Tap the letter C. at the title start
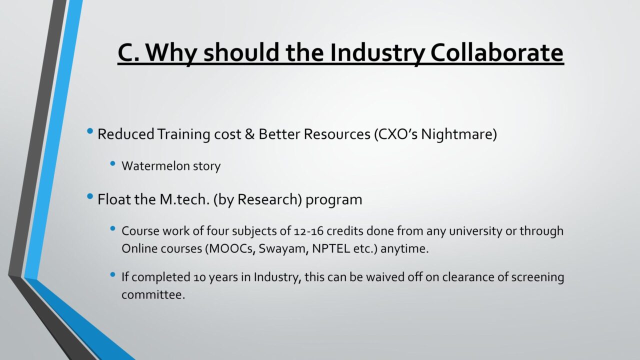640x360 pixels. (129, 53)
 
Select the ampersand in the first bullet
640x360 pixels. (249, 134)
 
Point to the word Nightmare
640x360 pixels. (459, 134)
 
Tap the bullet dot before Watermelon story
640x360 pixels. (112, 163)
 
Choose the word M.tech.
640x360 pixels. (185, 199)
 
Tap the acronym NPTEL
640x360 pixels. (331, 248)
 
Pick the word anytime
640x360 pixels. (404, 249)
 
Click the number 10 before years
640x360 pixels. (199, 277)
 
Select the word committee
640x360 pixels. (153, 295)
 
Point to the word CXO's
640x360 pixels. (396, 134)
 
